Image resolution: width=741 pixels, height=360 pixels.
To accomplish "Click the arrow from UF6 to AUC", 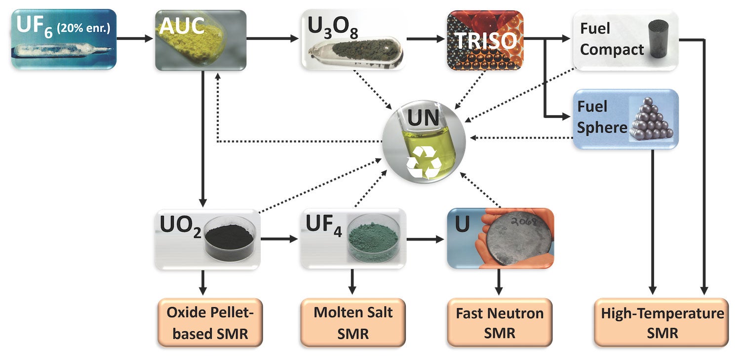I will tap(134, 38).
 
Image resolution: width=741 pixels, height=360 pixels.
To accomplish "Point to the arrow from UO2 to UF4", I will tap(279, 240).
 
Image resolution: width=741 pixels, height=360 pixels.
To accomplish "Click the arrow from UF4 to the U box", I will tap(426, 240).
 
